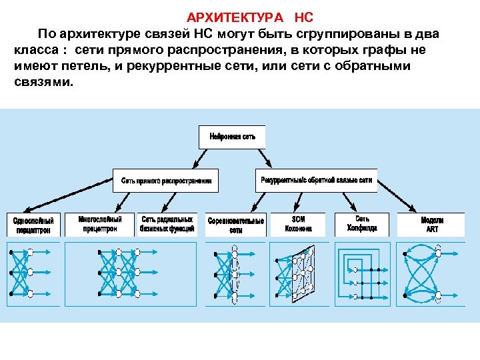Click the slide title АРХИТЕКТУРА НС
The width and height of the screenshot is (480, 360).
(x=249, y=17)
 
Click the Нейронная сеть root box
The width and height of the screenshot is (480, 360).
(x=232, y=137)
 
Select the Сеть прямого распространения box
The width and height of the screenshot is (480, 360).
(x=166, y=180)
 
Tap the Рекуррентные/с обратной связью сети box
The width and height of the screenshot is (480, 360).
(x=316, y=180)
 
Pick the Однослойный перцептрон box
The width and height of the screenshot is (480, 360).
(x=33, y=224)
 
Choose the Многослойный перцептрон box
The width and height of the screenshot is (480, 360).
(x=99, y=223)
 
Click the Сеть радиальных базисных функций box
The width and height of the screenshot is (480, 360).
(x=167, y=223)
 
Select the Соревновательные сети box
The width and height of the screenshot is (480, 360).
(x=235, y=224)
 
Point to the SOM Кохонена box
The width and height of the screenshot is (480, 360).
(x=298, y=223)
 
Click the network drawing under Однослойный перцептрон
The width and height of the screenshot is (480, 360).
(x=33, y=273)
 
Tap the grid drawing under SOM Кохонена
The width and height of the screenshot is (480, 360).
(x=298, y=273)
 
